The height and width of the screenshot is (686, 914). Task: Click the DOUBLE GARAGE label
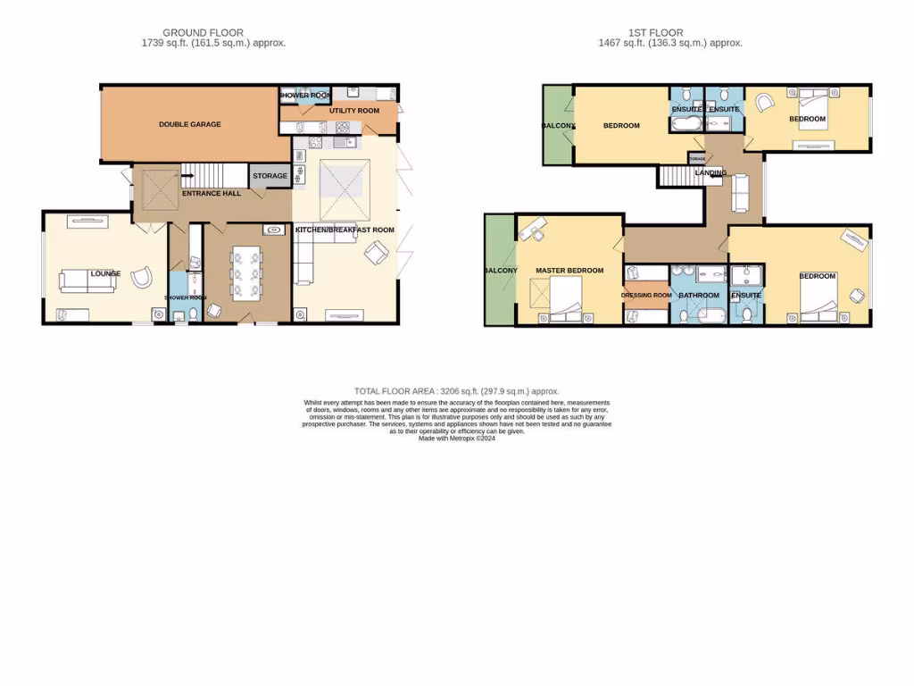189,124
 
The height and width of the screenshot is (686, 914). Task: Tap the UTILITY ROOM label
353,111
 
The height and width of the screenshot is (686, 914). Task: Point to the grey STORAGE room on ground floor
270,176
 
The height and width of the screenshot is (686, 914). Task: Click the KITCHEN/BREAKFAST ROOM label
345,230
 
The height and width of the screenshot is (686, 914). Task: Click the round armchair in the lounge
141,277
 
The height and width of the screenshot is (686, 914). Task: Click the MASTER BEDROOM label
569,271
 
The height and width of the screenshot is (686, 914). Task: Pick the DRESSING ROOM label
646,295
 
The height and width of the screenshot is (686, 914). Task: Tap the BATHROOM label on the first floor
698,295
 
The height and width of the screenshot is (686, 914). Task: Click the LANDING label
710,172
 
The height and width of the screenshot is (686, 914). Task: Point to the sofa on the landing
738,190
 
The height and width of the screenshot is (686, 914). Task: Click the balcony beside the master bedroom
499,271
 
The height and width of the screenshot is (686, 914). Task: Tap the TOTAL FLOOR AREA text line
456,391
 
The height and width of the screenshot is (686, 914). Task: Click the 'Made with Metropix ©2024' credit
456,439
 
